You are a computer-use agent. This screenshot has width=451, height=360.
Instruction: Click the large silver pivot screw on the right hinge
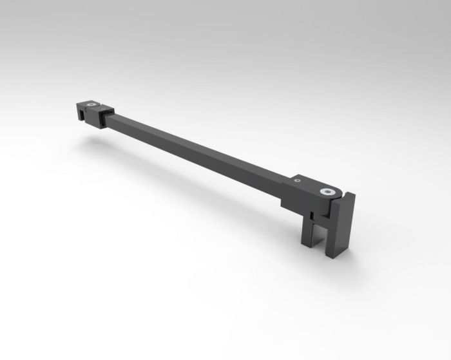[x=329, y=191]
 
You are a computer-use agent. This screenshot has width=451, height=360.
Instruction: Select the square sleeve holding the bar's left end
[x=103, y=117]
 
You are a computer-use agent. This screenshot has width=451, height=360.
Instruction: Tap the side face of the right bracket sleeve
[x=293, y=200]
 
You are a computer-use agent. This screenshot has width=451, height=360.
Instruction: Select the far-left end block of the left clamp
[x=79, y=109]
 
